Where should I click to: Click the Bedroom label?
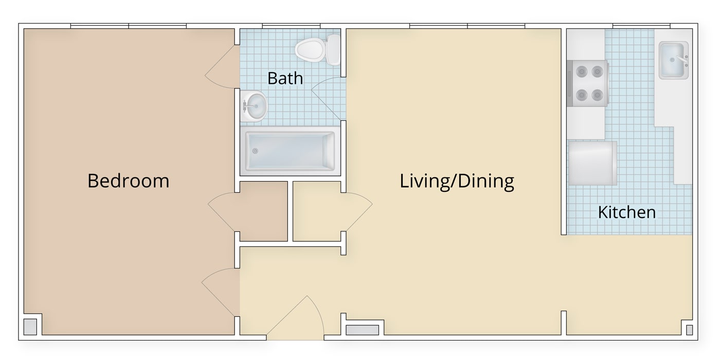[x=128, y=181]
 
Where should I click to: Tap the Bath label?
[x=285, y=78]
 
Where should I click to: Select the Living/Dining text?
[x=457, y=181]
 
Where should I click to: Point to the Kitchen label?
[x=627, y=212]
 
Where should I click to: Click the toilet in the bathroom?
[x=318, y=50]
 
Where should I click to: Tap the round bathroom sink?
[x=254, y=106]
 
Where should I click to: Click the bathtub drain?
[x=255, y=151]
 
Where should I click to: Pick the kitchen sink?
[x=674, y=60]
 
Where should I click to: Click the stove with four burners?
[x=587, y=83]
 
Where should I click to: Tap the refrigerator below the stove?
[x=592, y=164]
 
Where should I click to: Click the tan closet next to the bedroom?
[x=263, y=211]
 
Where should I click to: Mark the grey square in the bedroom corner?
[x=30, y=327]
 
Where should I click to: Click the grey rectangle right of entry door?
[x=362, y=330]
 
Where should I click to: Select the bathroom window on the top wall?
[x=291, y=26]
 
